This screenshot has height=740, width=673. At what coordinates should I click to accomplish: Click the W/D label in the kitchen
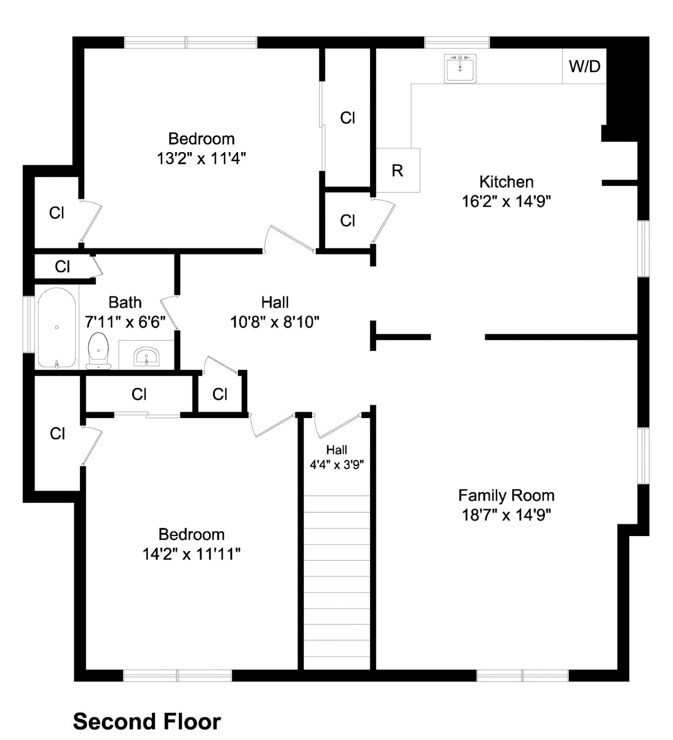pos(584,67)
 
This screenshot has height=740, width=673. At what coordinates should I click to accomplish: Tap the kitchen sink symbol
pos(460,68)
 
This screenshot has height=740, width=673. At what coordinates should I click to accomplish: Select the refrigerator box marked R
pos(398,170)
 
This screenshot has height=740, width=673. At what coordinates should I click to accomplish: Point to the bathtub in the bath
pos(56,327)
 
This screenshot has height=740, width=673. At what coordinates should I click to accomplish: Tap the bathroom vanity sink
pos(147,357)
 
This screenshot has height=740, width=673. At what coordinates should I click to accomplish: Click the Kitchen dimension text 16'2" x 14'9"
pos(506,202)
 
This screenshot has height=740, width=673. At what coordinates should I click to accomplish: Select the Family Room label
pos(506,495)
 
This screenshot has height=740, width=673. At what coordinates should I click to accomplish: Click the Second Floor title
pos(147,721)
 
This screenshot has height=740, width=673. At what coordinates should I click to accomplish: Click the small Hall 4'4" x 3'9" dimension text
pos(336,464)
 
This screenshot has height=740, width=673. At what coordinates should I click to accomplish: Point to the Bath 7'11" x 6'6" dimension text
pos(125,322)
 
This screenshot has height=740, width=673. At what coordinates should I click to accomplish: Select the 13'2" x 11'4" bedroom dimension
pos(201,159)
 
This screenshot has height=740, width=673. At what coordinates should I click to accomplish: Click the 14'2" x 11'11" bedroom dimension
pos(191,554)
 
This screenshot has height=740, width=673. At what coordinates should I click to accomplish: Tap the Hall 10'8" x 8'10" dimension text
pos(275,322)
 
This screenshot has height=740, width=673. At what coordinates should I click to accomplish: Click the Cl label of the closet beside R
pos(348,221)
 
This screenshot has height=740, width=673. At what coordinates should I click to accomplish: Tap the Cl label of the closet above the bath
pos(62,266)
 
